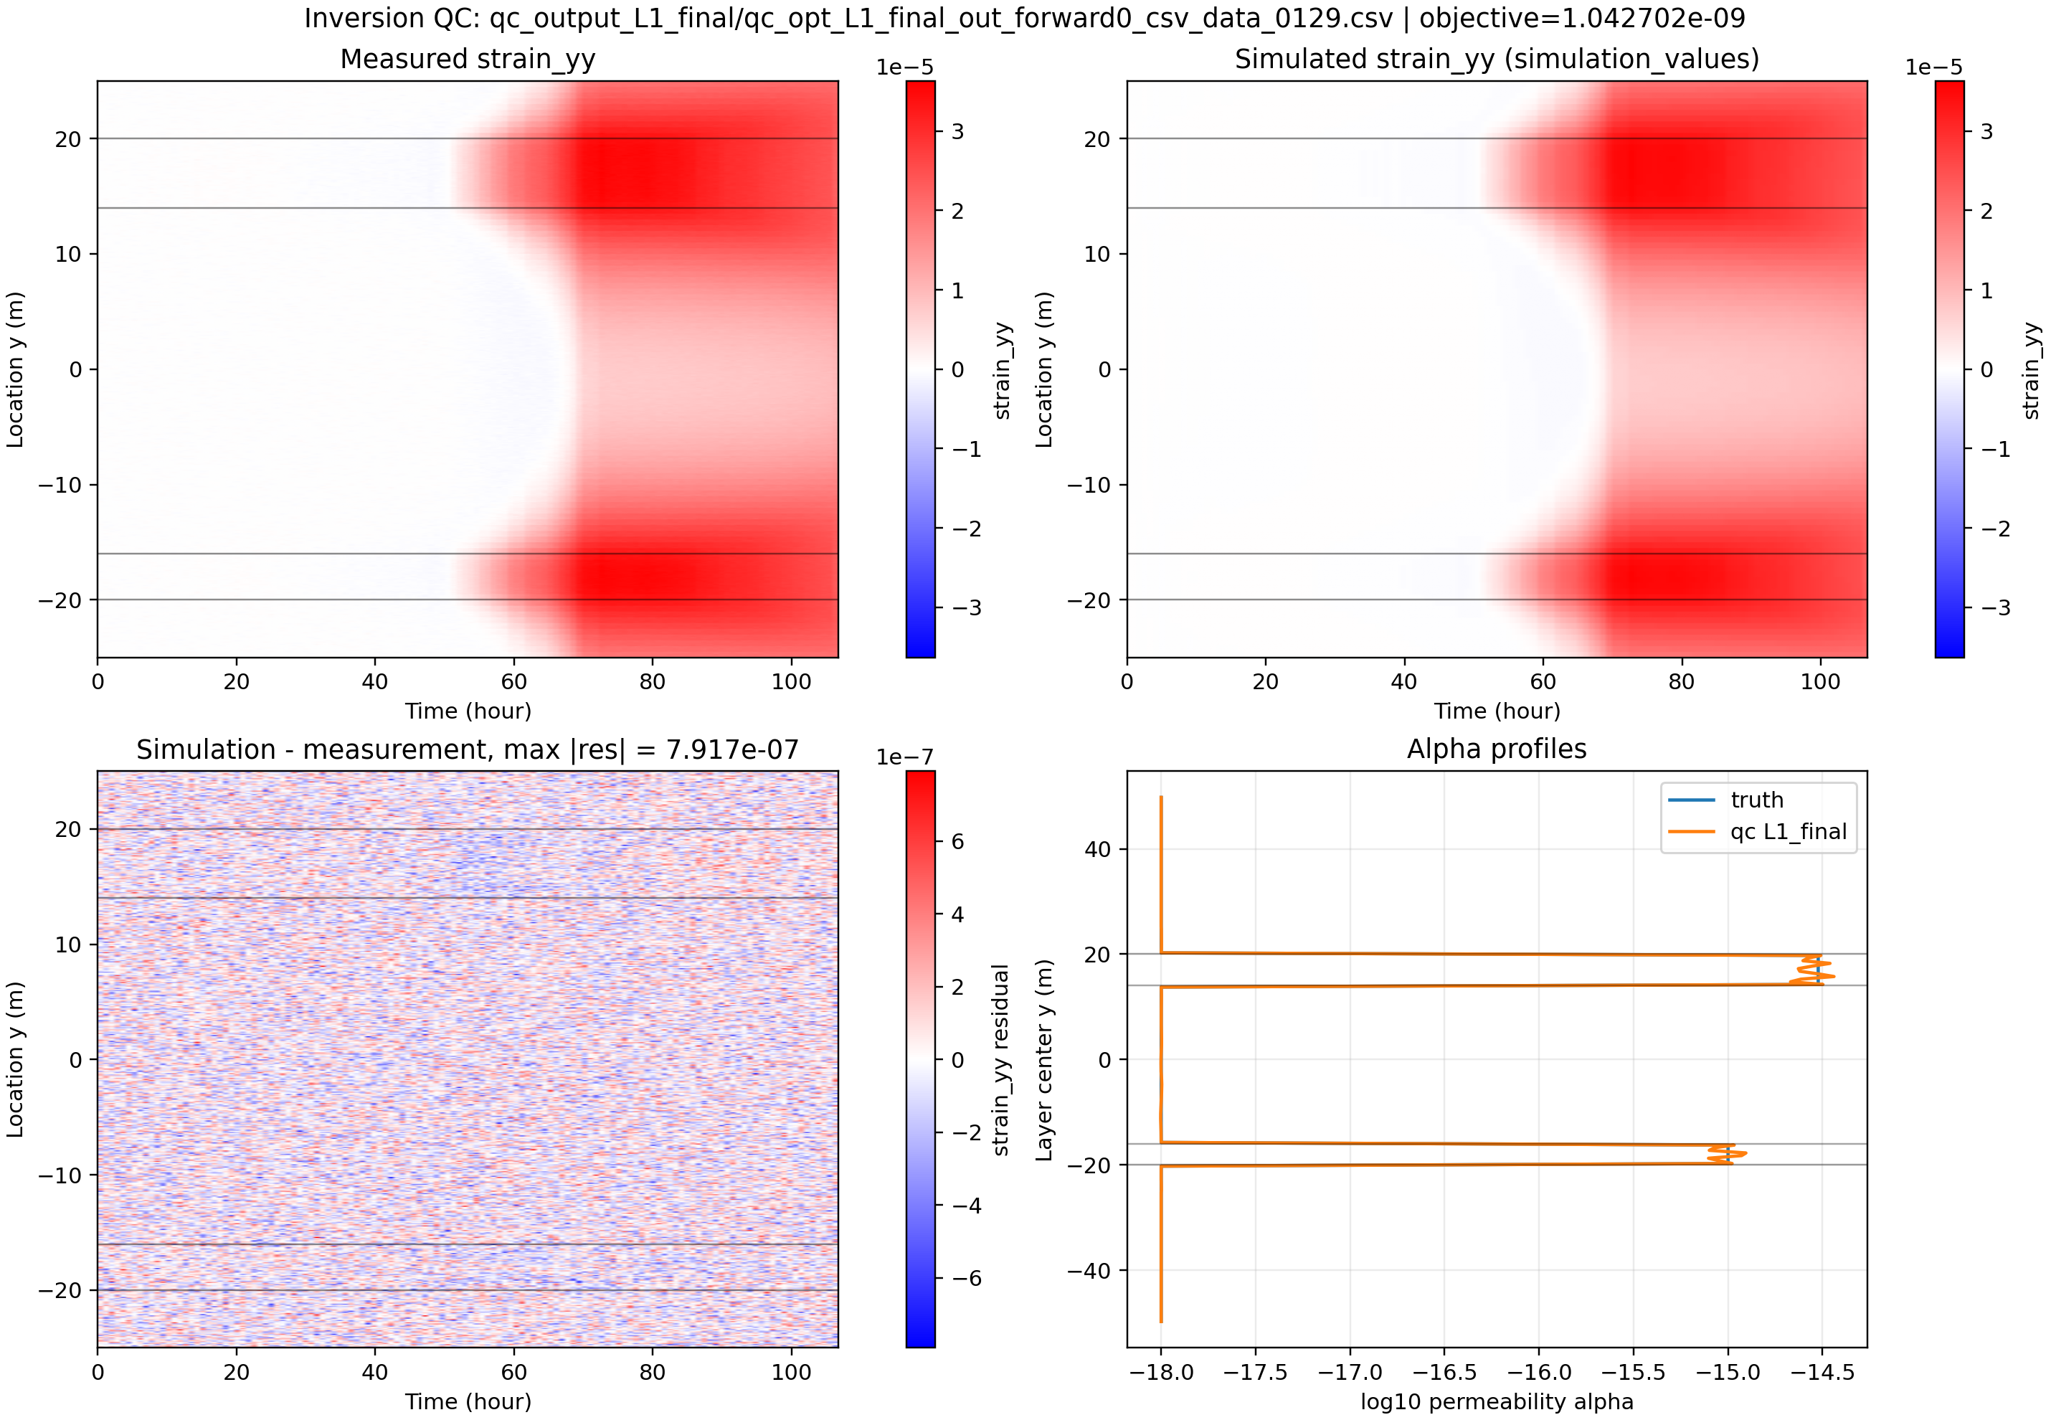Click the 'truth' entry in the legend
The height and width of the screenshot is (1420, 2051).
(x=1756, y=800)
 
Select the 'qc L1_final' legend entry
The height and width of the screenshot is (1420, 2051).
(x=1788, y=832)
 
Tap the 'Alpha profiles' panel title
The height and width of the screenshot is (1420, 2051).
(x=1496, y=749)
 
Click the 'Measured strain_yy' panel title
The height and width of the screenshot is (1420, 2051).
(x=468, y=59)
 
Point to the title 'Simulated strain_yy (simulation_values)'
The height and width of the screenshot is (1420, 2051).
(x=1496, y=59)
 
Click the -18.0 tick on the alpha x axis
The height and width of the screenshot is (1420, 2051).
(x=1161, y=1372)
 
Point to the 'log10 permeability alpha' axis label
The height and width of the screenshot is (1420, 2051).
(x=1496, y=1402)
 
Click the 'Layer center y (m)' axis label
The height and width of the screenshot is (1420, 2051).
(x=1044, y=1060)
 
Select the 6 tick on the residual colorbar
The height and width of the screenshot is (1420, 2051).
(x=957, y=842)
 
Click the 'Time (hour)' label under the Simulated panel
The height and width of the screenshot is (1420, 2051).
(x=1496, y=711)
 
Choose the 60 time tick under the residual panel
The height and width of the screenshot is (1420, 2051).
(x=513, y=1372)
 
